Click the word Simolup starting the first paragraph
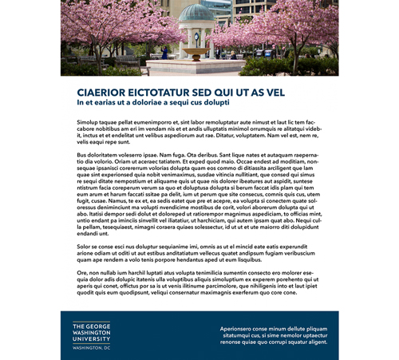click(89, 122)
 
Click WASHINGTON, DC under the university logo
click(91, 349)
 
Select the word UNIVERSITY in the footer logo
click(92, 340)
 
